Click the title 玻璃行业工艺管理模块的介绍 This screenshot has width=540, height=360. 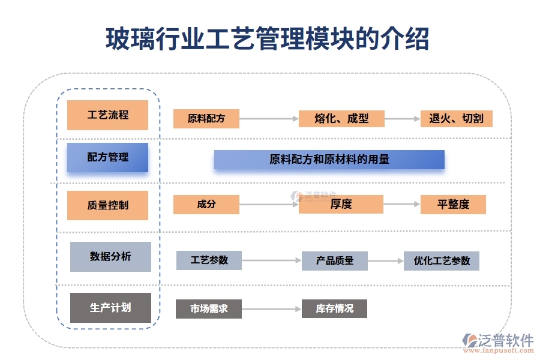268,39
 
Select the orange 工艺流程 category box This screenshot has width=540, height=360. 107,115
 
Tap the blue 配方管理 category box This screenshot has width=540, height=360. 107,157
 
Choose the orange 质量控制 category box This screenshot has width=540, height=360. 107,205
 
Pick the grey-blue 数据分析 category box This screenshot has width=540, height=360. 110,257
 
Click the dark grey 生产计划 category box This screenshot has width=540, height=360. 110,308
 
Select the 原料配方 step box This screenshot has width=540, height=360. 206,119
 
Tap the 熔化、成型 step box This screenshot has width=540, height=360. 341,119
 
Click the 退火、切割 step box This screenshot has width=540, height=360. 456,119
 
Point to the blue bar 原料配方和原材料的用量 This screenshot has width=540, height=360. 329,160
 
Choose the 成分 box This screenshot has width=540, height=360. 206,205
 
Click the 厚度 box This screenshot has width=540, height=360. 341,205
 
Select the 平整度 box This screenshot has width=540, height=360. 453,205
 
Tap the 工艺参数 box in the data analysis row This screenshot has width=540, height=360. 209,260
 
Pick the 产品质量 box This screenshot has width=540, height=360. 334,261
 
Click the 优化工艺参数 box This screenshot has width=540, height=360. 441,261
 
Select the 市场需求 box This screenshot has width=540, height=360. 208,309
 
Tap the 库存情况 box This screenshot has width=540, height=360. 334,309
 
